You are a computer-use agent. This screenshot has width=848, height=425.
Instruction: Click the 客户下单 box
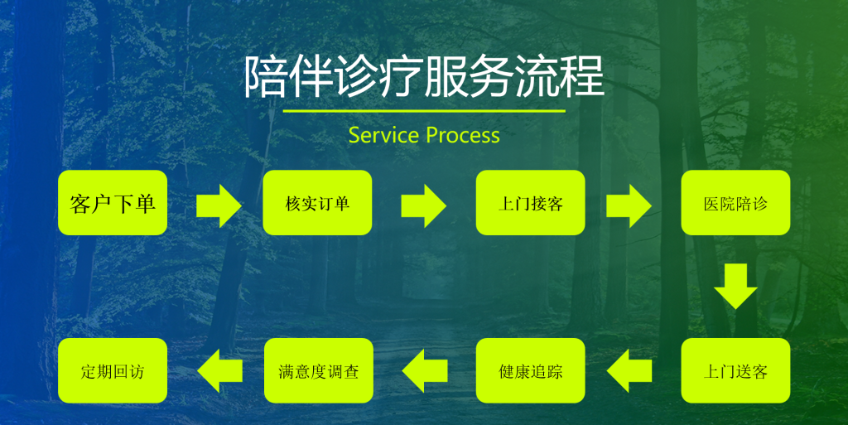113,203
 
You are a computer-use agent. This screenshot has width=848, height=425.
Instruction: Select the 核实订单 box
317,203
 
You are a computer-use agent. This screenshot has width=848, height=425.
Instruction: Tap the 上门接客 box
530,203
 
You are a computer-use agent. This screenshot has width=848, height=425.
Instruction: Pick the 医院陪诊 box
735,203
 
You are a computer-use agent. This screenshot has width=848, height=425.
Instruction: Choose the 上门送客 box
735,370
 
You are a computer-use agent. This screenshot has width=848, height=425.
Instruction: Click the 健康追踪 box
530,370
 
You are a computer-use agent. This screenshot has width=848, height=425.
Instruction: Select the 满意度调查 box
317,370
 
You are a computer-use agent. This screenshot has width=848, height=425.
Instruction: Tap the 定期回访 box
113,370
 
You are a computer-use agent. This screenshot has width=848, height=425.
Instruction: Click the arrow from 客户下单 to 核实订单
219,204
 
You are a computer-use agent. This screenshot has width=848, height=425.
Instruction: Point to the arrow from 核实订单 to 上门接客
423,204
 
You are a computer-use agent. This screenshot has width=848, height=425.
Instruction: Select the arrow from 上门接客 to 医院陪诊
629,204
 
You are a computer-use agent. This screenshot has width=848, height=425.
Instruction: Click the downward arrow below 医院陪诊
735,287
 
